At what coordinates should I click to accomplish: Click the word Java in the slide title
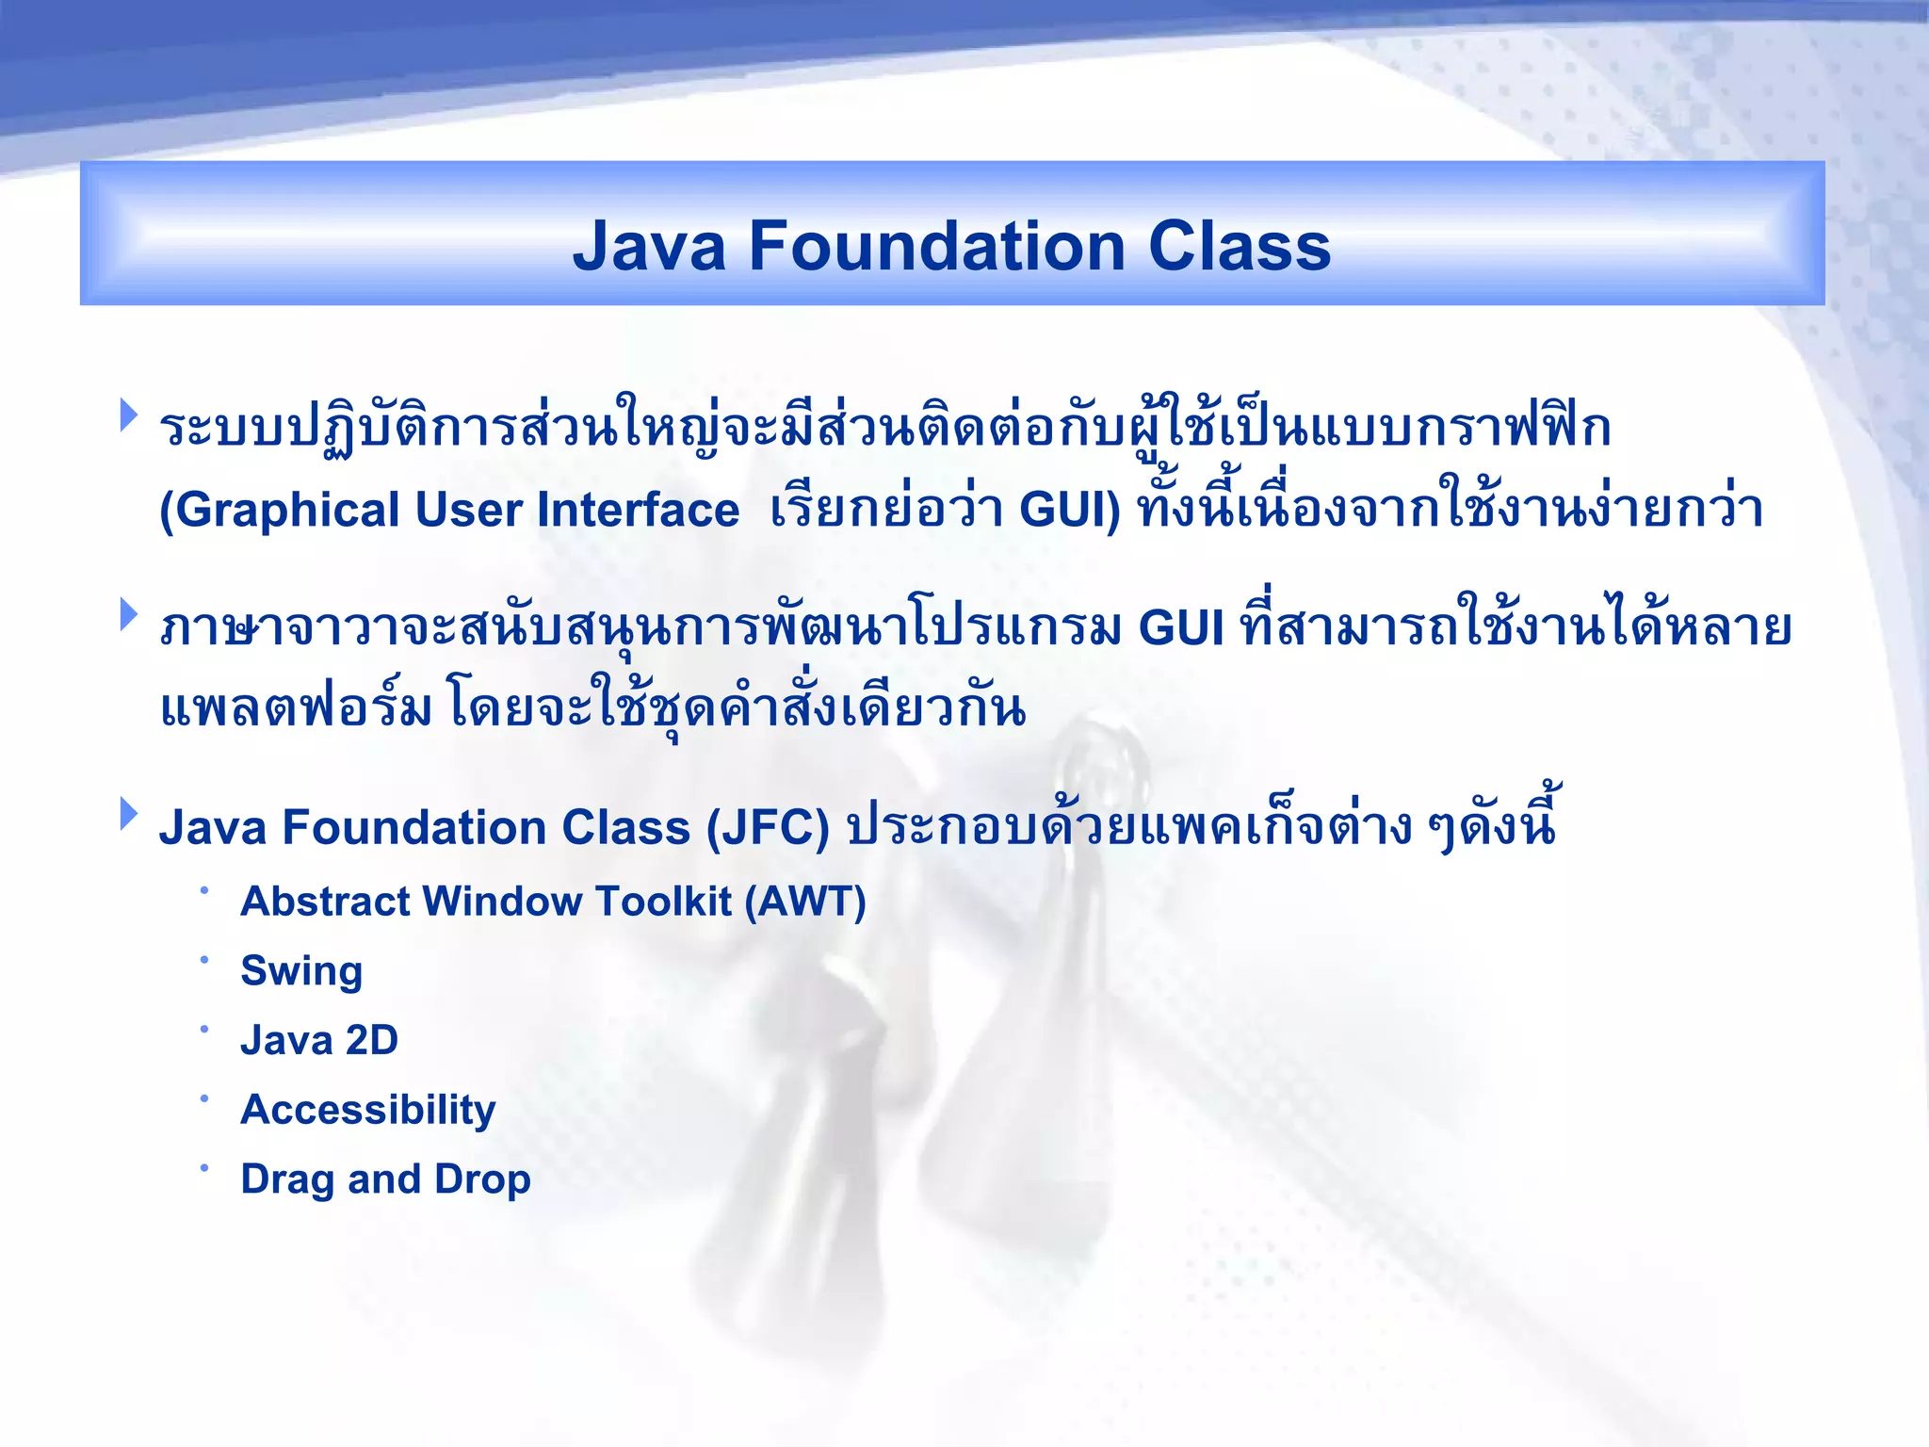tap(649, 247)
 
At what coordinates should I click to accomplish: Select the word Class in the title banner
tap(1239, 247)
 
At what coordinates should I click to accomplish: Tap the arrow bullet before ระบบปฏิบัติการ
tap(129, 415)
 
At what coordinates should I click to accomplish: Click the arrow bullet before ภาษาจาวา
tap(129, 615)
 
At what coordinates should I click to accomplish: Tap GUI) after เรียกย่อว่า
tap(1070, 511)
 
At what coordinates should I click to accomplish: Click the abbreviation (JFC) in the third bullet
tap(768, 828)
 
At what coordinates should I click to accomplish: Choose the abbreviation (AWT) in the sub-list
tap(805, 902)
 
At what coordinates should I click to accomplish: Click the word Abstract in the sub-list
tap(325, 902)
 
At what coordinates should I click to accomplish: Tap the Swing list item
tap(301, 971)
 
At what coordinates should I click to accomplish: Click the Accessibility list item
tap(368, 1110)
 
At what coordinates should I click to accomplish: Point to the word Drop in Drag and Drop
tap(482, 1179)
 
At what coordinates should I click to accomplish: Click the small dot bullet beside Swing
tap(203, 959)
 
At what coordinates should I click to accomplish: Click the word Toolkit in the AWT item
tap(663, 902)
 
